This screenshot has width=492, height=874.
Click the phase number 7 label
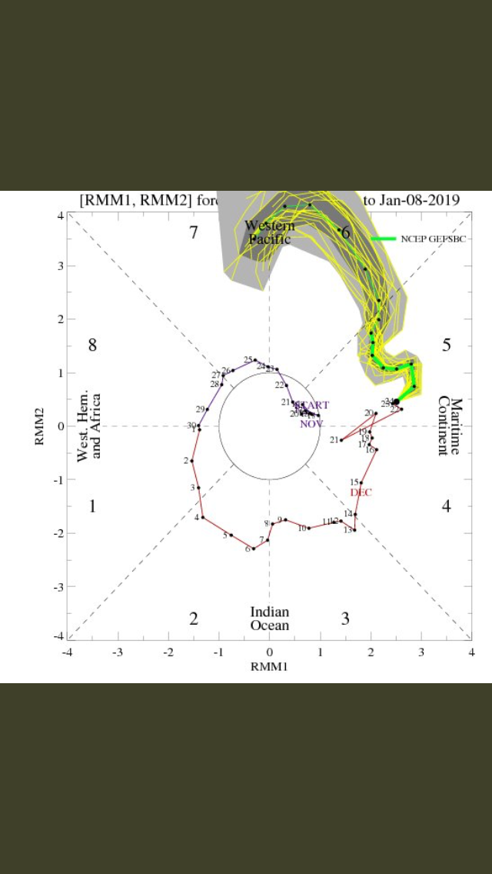pos(194,232)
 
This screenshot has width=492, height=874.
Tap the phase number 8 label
pos(92,345)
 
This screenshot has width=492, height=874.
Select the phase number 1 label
pos(92,506)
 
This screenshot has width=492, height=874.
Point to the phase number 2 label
pos(194,618)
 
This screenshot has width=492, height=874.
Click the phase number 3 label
pos(346,618)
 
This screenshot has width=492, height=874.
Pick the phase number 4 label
pos(446,506)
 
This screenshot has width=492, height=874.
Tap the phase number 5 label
pos(446,345)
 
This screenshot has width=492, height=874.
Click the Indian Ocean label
pos(269,619)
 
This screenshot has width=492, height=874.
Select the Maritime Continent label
pos(450,426)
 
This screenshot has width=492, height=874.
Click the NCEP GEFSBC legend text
pos(434,239)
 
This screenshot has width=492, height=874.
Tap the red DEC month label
pos(361,492)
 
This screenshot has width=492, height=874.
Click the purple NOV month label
pos(311,424)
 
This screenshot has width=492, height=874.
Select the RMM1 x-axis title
pos(269,666)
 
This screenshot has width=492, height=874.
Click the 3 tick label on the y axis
pos(60,266)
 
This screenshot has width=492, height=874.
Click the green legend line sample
pos(384,239)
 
